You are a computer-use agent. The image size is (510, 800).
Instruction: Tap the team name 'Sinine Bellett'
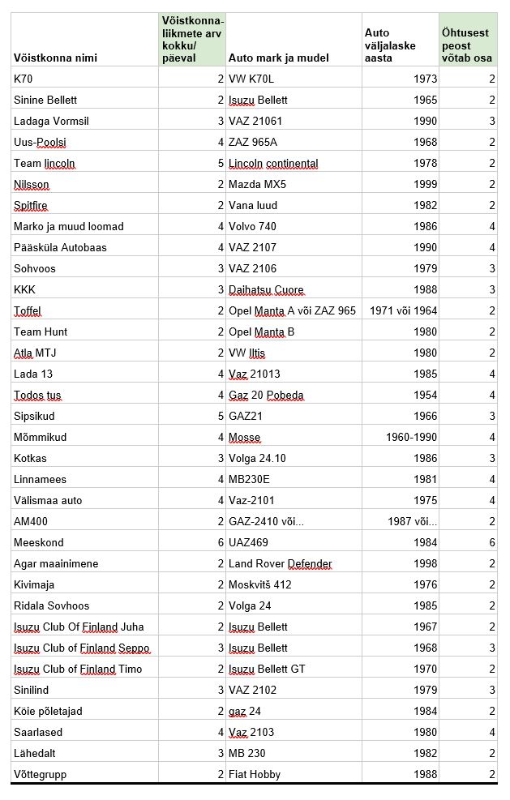coord(45,100)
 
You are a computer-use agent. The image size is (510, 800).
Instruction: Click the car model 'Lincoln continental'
coord(273,163)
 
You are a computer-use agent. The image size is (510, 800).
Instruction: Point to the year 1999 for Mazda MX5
coord(424,184)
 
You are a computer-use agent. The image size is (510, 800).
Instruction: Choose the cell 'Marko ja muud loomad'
coord(69,226)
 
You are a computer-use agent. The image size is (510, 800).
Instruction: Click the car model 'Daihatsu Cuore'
coord(266,289)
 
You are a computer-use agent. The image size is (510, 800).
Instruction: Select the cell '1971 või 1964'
coord(403,310)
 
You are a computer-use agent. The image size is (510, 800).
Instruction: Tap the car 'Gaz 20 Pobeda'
coord(266,395)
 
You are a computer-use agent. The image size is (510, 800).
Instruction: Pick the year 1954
coord(424,395)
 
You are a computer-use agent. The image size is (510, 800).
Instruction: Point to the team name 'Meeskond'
coord(38,542)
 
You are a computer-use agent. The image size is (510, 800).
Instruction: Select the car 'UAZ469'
coord(248,542)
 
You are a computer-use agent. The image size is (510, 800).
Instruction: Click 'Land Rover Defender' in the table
coord(281,563)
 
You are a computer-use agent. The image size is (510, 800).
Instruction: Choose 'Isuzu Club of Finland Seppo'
coord(82,648)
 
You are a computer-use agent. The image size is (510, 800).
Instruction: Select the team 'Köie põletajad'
coord(48,711)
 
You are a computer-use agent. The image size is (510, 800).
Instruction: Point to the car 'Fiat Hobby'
coord(255,774)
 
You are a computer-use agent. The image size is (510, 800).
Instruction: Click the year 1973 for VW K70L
coord(424,79)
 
